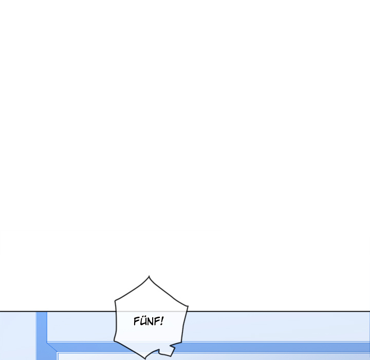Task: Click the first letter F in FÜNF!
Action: [136, 321]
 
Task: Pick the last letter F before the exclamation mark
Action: [157, 321]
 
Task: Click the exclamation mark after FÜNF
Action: [162, 321]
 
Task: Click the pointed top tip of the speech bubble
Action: [149, 276]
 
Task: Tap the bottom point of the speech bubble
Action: [145, 358]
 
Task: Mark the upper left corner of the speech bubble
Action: [115, 300]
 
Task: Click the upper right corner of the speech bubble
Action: [188, 307]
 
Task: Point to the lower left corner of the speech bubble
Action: [114, 341]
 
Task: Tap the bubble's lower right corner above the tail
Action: [181, 343]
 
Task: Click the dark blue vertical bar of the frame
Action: [42, 336]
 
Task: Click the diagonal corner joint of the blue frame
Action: [52, 347]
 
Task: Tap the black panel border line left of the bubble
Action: [58, 311]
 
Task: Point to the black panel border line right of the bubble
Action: [279, 311]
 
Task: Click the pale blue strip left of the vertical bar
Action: [18, 336]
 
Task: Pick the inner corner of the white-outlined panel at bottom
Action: [58, 353]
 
